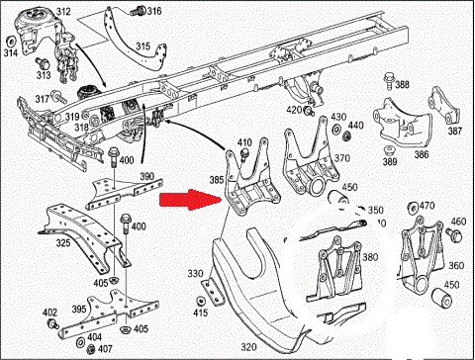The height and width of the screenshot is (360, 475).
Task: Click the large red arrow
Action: [190, 200]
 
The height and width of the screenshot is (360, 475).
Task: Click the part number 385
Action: [217, 180]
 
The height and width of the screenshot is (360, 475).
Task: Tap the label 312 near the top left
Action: [63, 12]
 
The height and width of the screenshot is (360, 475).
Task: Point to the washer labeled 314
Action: [11, 42]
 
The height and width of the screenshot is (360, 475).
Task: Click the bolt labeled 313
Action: [42, 62]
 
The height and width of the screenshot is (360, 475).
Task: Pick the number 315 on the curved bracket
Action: [143, 46]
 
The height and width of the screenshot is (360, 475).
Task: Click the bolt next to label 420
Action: [309, 111]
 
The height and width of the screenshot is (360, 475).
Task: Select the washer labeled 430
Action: [336, 129]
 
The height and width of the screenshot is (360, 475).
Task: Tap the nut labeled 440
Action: [346, 136]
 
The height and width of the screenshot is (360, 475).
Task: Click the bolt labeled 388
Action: [388, 80]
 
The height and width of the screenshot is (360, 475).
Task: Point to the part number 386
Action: [422, 154]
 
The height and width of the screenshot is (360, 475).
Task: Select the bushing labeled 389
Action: [390, 150]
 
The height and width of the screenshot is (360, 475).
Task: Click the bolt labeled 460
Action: [454, 234]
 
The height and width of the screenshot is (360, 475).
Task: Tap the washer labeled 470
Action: [413, 208]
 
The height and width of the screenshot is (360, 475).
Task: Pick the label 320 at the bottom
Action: [248, 347]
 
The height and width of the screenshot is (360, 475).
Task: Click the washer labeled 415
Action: [200, 302]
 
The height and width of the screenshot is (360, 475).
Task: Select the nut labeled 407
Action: [90, 348]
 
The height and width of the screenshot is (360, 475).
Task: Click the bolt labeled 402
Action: [53, 323]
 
